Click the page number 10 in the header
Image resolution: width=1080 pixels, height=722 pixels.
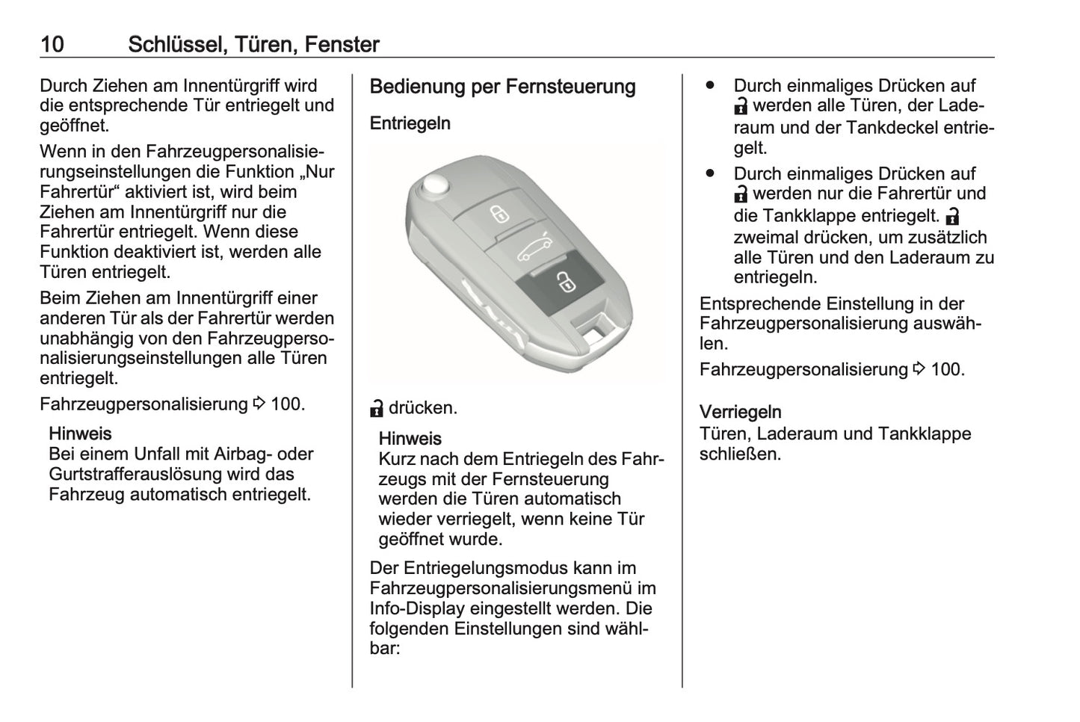tap(52, 44)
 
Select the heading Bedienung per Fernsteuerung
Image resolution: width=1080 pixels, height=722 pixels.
tap(502, 87)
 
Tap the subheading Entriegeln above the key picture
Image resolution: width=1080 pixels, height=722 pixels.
tap(410, 123)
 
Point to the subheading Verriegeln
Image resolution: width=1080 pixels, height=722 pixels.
tap(740, 412)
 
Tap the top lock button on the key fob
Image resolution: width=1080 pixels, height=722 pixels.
tap(499, 214)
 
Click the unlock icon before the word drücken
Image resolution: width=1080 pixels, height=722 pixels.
tap(377, 408)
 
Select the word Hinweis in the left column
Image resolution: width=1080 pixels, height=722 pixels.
tap(80, 433)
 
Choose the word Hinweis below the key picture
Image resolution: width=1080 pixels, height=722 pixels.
tap(410, 439)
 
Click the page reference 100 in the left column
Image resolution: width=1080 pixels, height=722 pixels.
tap(286, 404)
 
